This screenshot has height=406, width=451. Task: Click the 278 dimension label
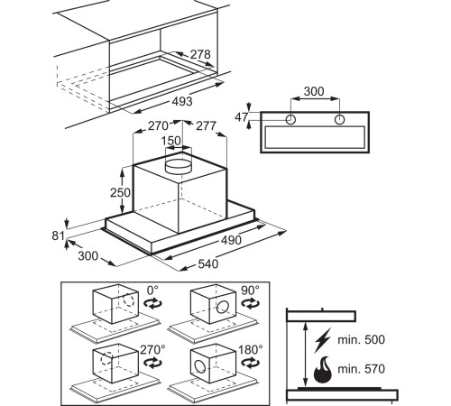tap(200, 54)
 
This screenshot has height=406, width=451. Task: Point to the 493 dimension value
tap(182, 101)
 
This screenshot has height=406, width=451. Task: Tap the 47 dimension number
tap(242, 117)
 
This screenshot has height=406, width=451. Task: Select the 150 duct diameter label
tap(171, 141)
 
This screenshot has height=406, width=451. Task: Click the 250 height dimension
tap(120, 192)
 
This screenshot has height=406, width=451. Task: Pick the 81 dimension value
tap(59, 235)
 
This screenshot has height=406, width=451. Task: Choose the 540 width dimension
tap(208, 263)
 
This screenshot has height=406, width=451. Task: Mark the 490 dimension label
tap(231, 240)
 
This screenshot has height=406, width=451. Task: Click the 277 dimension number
tap(207, 125)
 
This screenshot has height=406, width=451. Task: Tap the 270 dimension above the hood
tap(158, 125)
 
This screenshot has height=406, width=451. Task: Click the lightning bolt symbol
tap(323, 340)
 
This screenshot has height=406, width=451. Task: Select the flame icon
tap(323, 370)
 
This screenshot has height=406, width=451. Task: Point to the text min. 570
tap(361, 369)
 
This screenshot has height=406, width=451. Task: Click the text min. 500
tap(361, 339)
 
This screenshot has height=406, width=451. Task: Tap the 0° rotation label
tap(152, 291)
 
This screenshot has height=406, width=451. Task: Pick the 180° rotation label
tap(251, 349)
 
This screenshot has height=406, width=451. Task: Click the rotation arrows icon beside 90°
tap(251, 303)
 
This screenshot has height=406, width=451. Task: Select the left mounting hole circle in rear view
tap(290, 120)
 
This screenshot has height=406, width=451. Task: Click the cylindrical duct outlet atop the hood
tap(179, 166)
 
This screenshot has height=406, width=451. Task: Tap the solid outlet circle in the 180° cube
tap(200, 366)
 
